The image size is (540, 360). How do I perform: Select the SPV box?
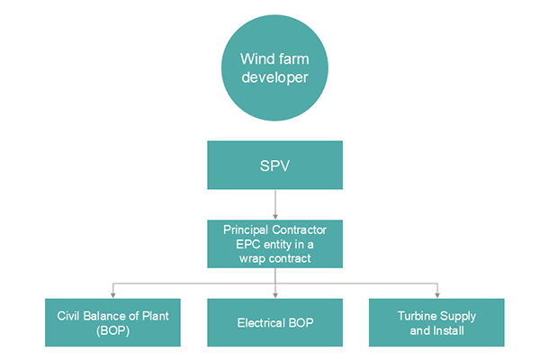point(274,166)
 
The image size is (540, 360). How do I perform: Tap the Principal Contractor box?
point(274,243)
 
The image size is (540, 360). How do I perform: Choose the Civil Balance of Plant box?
point(112,322)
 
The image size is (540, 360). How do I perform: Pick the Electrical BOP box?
point(274,322)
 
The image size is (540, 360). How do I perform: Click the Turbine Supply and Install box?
point(436,322)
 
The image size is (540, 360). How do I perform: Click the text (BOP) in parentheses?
point(112,330)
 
